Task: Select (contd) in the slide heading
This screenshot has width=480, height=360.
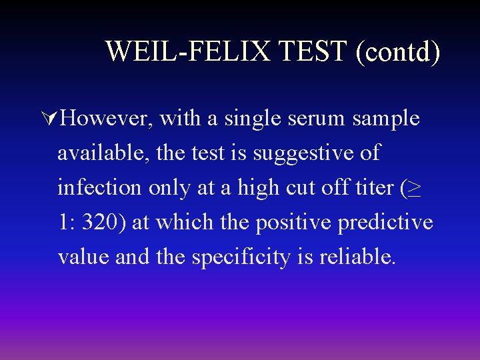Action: (398, 52)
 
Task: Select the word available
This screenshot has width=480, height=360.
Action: (103, 153)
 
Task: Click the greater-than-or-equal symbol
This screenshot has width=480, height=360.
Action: (414, 189)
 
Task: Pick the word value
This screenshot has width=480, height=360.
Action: (83, 257)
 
